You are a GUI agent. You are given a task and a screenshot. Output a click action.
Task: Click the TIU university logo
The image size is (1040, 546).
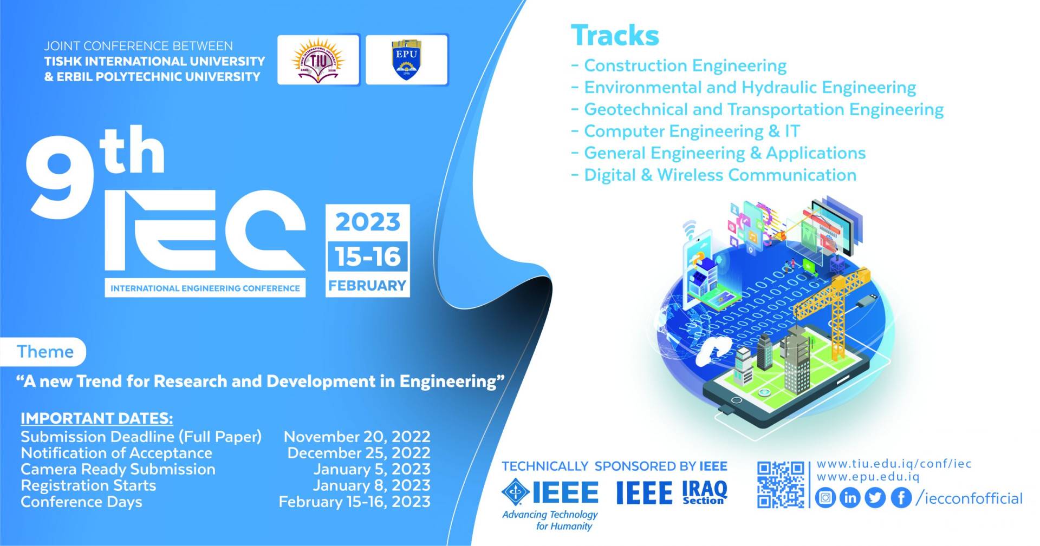coord(319,60)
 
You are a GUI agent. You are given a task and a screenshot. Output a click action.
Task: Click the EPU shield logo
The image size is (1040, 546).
coord(406,60)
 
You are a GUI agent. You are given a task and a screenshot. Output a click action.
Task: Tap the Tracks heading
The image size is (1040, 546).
coord(615,35)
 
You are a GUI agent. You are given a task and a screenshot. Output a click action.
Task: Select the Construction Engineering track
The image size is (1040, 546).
coord(685,65)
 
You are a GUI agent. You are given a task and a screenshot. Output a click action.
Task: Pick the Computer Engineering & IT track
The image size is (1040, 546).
coord(692,131)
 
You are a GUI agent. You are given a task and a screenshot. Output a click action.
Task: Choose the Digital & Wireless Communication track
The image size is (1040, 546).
coord(720,175)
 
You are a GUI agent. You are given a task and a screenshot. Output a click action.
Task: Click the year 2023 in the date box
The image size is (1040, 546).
coord(368,222)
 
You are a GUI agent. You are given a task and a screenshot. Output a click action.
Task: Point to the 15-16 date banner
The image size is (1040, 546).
coord(368,256)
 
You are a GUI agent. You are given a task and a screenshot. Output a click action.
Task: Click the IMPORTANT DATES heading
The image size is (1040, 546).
coord(97,418)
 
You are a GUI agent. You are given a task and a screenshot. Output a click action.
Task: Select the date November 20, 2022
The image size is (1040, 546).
coord(357,436)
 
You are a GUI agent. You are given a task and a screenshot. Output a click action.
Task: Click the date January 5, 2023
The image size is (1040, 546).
coord(372,469)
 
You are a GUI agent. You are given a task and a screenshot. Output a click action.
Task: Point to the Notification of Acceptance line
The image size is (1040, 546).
coord(116,452)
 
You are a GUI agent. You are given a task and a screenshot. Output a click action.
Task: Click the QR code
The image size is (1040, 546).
coord(781,484)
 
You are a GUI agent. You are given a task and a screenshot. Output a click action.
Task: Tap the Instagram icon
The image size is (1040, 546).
coord(825,497)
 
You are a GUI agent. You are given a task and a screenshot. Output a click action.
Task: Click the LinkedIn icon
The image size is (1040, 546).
coord(850,497)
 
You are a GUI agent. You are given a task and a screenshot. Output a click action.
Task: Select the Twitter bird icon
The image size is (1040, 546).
coord(875,497)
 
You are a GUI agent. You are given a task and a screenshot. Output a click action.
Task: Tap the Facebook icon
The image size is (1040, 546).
coord(901,497)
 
